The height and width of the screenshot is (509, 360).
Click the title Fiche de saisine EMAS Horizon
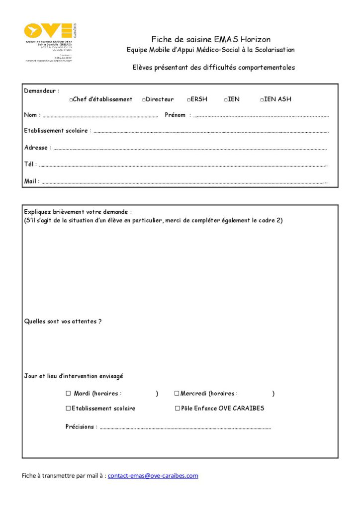[x=211, y=39]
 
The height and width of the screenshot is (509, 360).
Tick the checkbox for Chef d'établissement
[x=72, y=100]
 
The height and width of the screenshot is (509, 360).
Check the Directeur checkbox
[x=144, y=100]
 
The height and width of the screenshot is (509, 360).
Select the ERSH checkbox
[x=189, y=100]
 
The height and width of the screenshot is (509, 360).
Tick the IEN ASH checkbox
[x=262, y=100]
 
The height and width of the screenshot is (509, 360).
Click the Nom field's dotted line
[x=100, y=116]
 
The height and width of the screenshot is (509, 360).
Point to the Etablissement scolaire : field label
[x=58, y=131]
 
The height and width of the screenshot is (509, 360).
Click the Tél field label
[x=30, y=164]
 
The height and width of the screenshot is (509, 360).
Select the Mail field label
[x=32, y=181]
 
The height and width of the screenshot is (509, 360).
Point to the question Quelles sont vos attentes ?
[x=63, y=322]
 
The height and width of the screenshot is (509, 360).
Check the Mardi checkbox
[x=69, y=393]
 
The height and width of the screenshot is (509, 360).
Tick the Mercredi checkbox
[x=177, y=393]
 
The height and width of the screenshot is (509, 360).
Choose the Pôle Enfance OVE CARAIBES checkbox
[x=177, y=408]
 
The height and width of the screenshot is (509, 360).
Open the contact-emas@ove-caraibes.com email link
[x=153, y=476]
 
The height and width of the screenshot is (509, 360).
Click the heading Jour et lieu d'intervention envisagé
[x=74, y=376]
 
